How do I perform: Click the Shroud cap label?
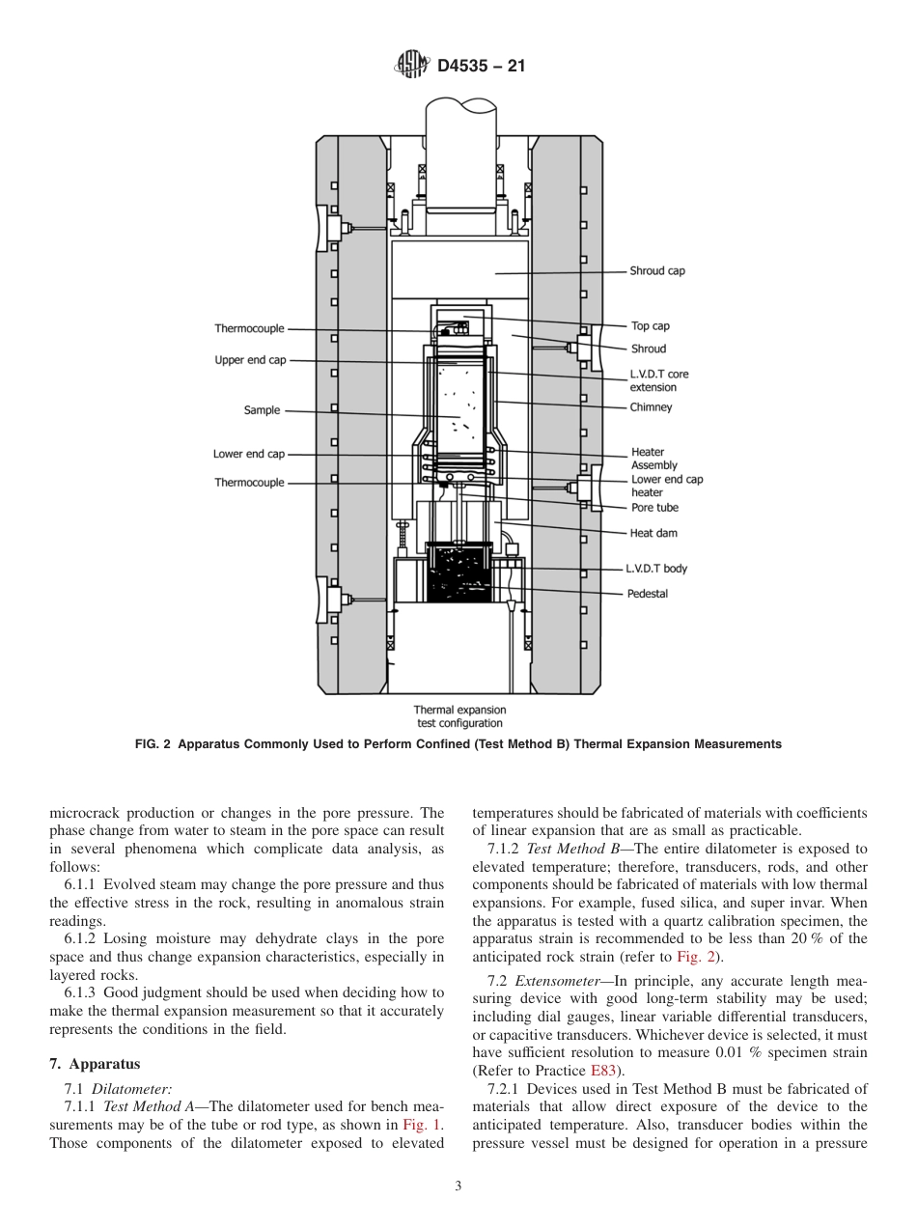657,271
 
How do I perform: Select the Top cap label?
650,326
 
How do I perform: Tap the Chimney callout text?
651,407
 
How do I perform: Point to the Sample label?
262,410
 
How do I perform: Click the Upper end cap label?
250,360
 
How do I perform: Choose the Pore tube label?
654,508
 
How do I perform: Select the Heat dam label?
653,533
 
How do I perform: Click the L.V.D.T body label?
656,570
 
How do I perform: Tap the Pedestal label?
647,594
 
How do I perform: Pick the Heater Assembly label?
653,459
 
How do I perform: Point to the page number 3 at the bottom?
458,1186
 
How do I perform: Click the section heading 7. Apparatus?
95,1064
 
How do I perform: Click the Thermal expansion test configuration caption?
459,716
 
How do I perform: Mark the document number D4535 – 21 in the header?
481,67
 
